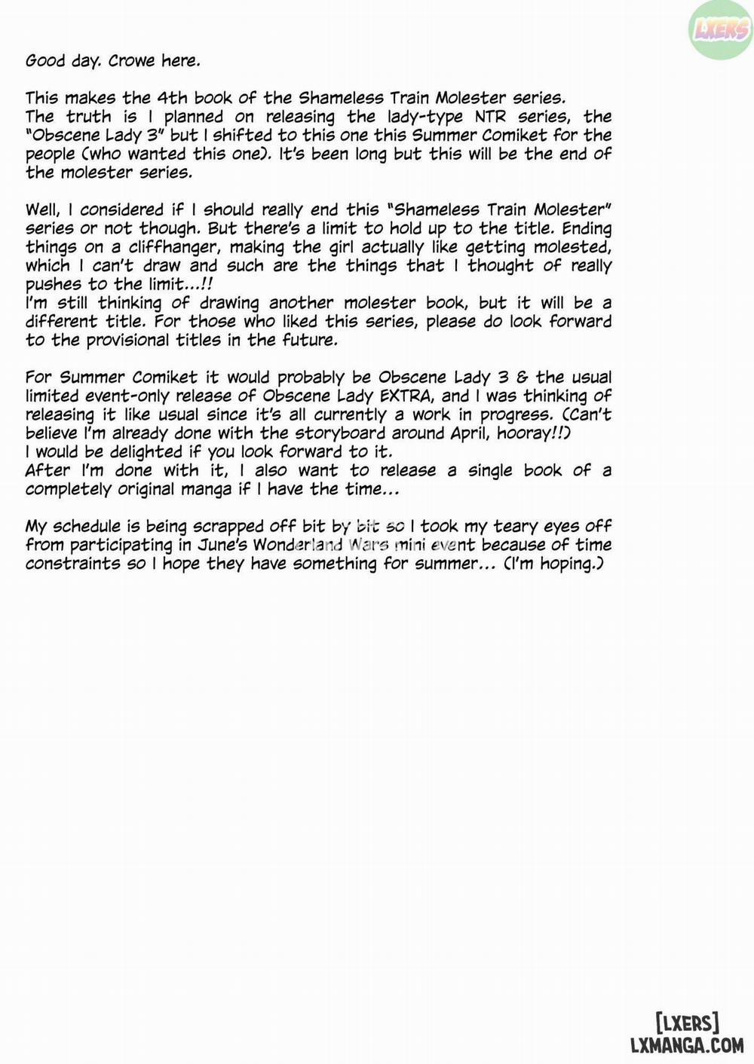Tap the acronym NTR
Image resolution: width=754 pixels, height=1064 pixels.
point(490,117)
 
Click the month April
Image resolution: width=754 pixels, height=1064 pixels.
point(467,433)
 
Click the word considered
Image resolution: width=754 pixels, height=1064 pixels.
point(121,210)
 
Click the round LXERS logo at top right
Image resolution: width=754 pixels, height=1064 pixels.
point(720,30)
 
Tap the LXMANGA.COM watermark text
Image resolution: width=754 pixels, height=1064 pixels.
point(686,1044)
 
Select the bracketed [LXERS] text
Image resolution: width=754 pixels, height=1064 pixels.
point(686,1023)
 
